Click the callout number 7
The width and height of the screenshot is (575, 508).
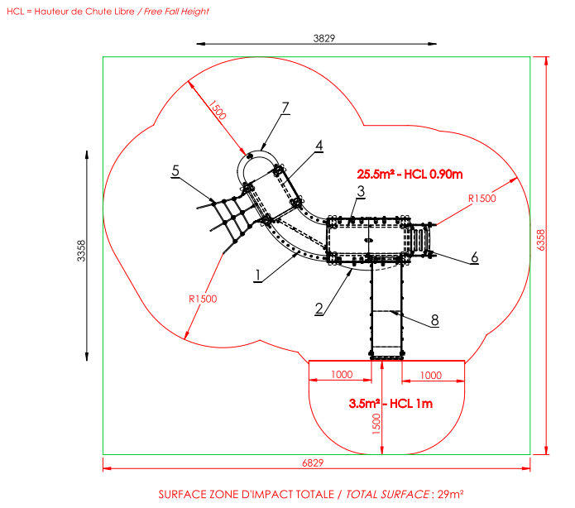tap(285, 108)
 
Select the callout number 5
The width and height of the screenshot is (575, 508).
tap(175, 170)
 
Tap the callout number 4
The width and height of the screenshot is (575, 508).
tap(319, 146)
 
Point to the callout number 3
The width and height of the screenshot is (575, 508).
tap(362, 191)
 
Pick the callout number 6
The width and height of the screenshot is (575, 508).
tap(475, 257)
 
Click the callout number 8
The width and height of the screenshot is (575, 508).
tap(435, 320)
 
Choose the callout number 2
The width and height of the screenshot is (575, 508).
tap(319, 309)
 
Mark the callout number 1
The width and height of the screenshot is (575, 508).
tap(258, 275)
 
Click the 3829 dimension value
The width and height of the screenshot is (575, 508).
tap(324, 38)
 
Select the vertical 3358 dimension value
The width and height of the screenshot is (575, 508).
tap(81, 251)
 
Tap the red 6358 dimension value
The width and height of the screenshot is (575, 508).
tap(541, 240)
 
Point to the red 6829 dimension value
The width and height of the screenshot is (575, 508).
tap(313, 462)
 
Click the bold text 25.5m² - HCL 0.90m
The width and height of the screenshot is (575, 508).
tap(410, 174)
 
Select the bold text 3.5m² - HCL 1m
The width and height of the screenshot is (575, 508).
tap(391, 404)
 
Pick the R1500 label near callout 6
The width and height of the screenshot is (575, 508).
tap(482, 199)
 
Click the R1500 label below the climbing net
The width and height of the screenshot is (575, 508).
tap(203, 299)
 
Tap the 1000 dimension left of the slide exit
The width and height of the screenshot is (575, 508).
tap(342, 375)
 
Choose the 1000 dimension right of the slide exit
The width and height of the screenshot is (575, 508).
tap(431, 376)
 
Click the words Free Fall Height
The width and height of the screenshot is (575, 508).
tap(176, 12)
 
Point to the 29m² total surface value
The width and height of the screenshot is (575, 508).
tap(451, 494)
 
